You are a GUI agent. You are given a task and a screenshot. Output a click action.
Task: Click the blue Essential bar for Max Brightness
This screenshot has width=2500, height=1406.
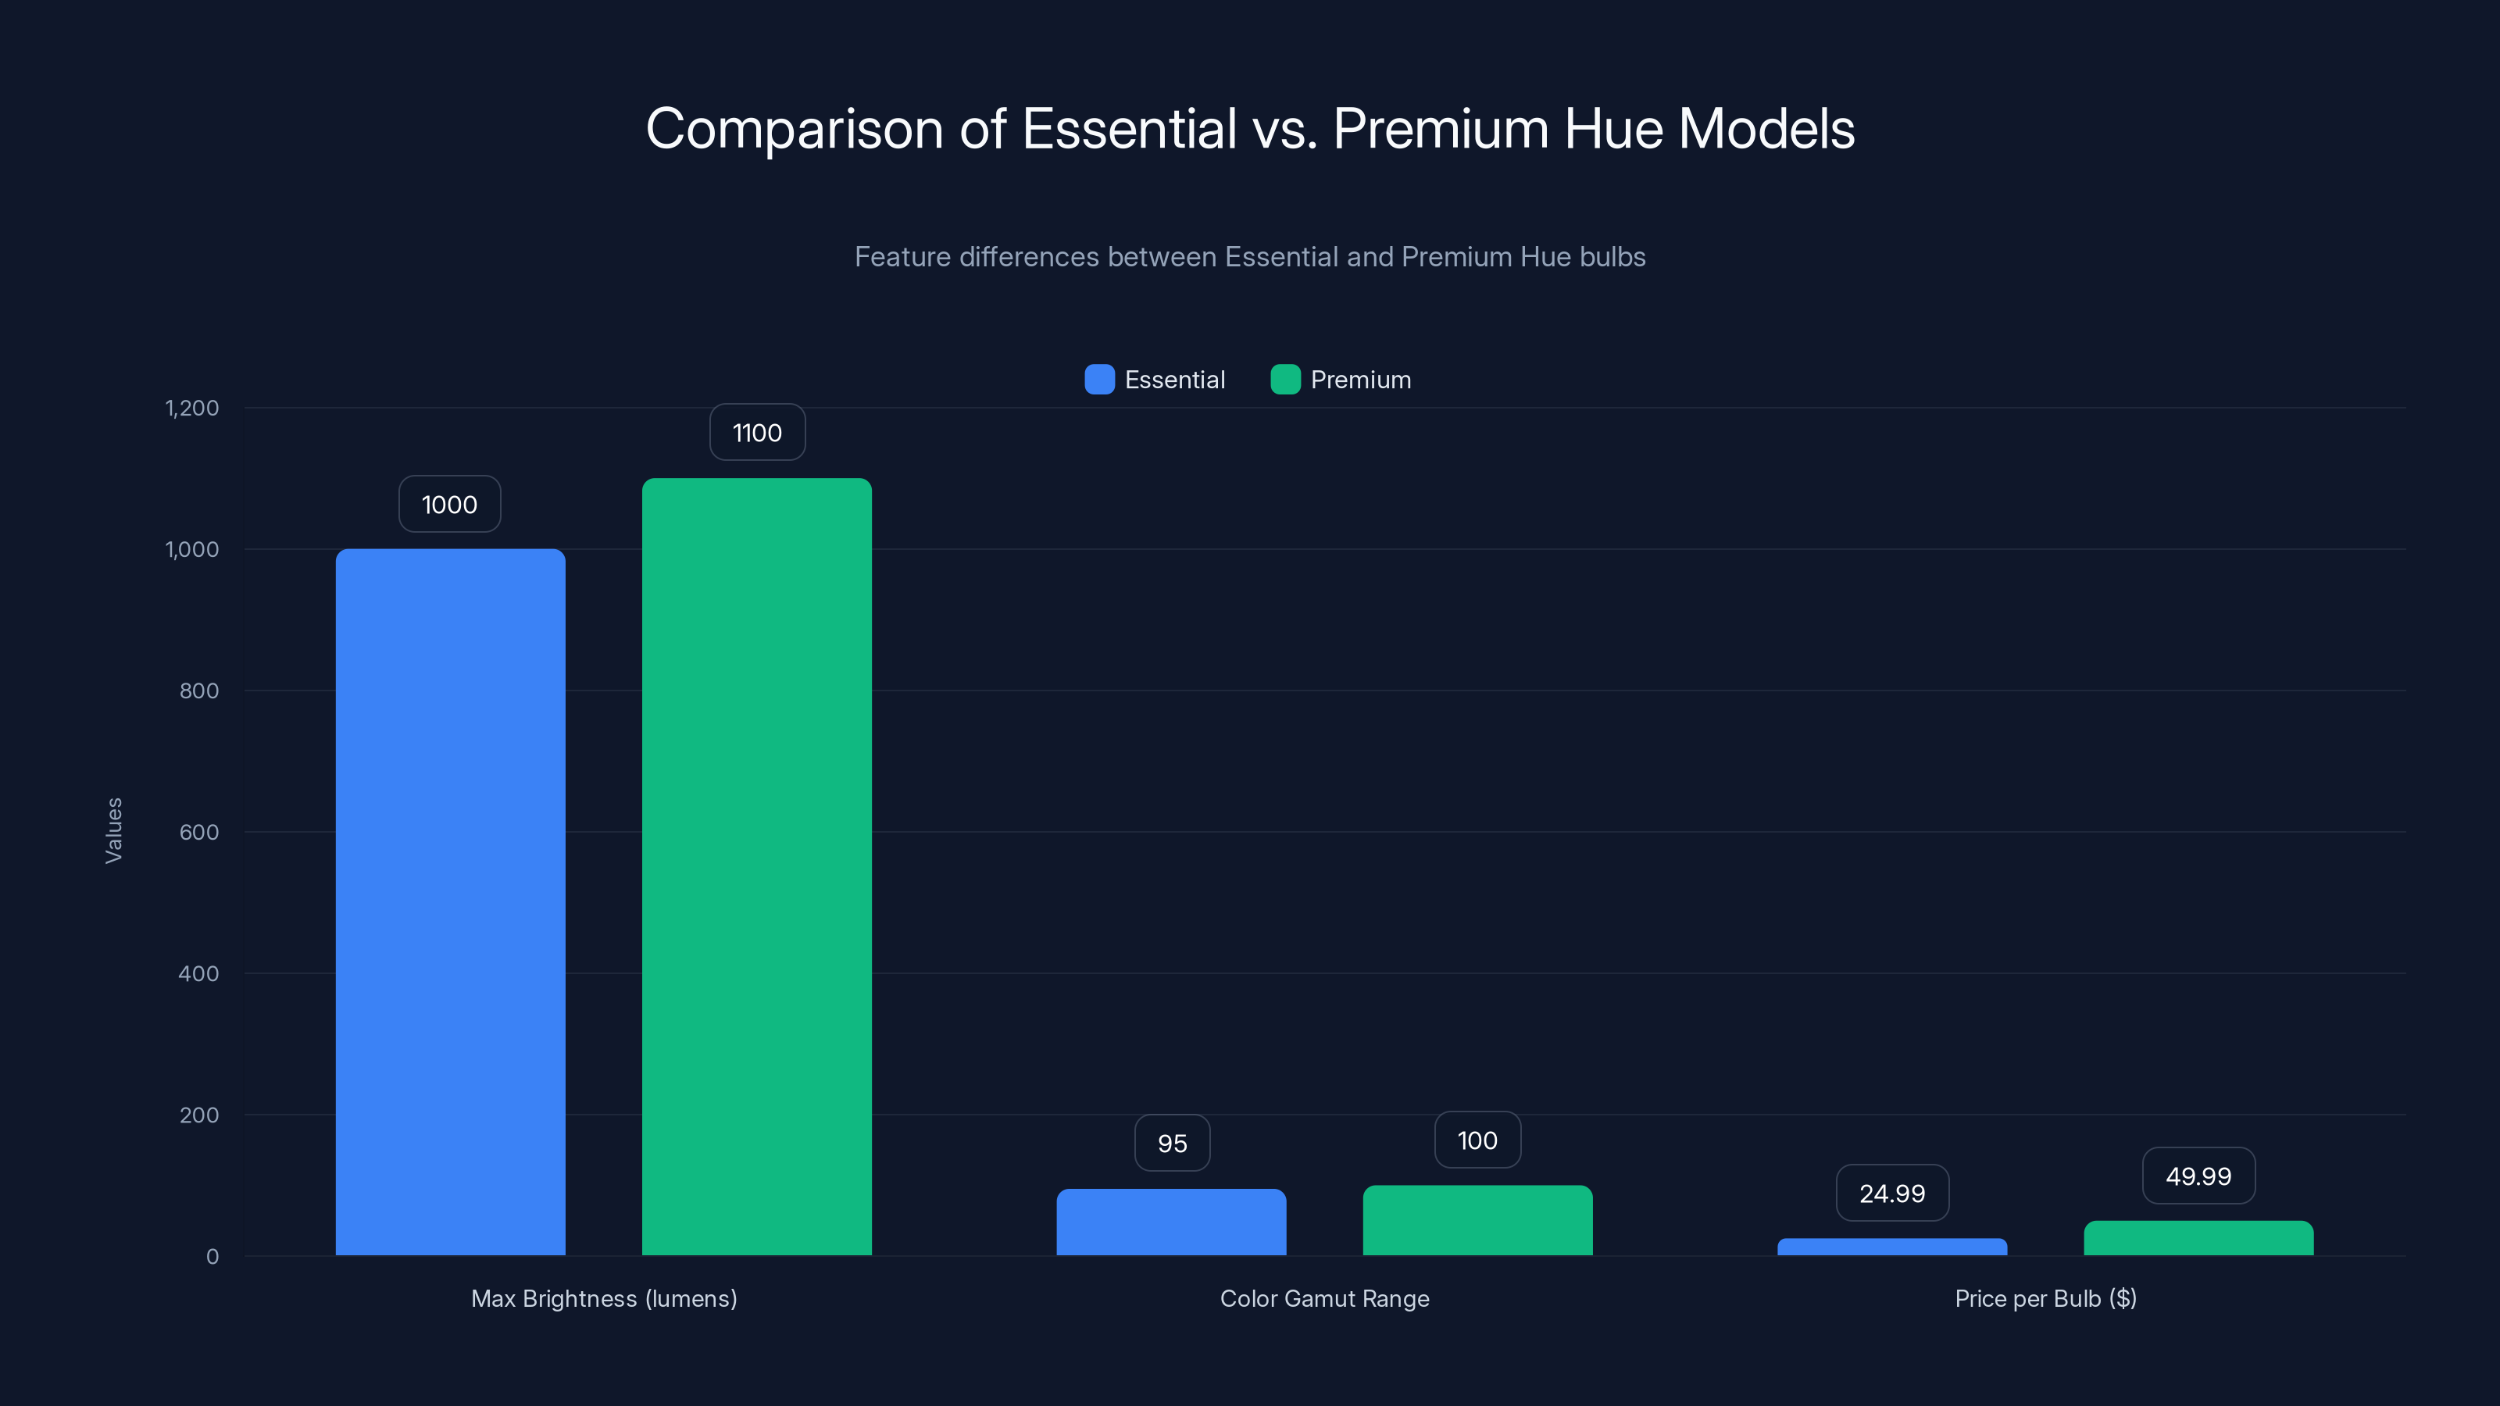click(x=450, y=902)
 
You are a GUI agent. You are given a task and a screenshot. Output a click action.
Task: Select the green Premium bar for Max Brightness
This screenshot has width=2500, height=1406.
click(x=757, y=866)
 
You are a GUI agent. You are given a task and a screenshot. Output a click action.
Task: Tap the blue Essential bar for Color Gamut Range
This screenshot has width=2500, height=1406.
click(x=1171, y=1222)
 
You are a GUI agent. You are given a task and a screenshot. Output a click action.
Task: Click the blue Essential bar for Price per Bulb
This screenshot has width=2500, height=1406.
click(x=1891, y=1247)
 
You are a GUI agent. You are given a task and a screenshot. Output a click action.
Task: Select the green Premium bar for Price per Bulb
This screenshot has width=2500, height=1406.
click(x=2198, y=1238)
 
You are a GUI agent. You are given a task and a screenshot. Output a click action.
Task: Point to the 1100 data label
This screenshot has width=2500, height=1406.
click(x=757, y=433)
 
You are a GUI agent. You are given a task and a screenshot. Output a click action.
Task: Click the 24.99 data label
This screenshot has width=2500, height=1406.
click(x=1891, y=1194)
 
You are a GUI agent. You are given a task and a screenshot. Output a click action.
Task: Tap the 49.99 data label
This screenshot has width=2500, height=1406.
click(x=2198, y=1176)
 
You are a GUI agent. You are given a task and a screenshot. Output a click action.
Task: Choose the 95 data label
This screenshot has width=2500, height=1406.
click(x=1171, y=1143)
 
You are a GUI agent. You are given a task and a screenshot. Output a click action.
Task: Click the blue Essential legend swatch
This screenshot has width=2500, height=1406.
click(x=1098, y=380)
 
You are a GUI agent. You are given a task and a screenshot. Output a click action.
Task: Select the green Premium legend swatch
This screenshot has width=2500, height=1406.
click(x=1285, y=380)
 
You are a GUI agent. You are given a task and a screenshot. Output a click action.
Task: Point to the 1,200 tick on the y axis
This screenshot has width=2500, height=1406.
click(x=192, y=408)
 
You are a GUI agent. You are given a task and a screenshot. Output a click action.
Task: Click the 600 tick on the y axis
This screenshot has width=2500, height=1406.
click(x=199, y=832)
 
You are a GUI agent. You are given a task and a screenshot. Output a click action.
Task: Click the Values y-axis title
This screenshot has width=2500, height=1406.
click(x=113, y=830)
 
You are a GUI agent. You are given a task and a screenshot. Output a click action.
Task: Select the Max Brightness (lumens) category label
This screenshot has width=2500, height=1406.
click(x=604, y=1298)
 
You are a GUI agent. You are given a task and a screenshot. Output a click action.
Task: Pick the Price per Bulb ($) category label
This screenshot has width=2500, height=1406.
click(x=2045, y=1298)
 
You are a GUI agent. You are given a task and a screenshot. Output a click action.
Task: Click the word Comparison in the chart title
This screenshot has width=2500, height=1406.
click(x=794, y=129)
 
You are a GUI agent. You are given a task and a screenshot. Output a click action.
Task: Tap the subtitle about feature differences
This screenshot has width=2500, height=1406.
click(x=1250, y=257)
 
